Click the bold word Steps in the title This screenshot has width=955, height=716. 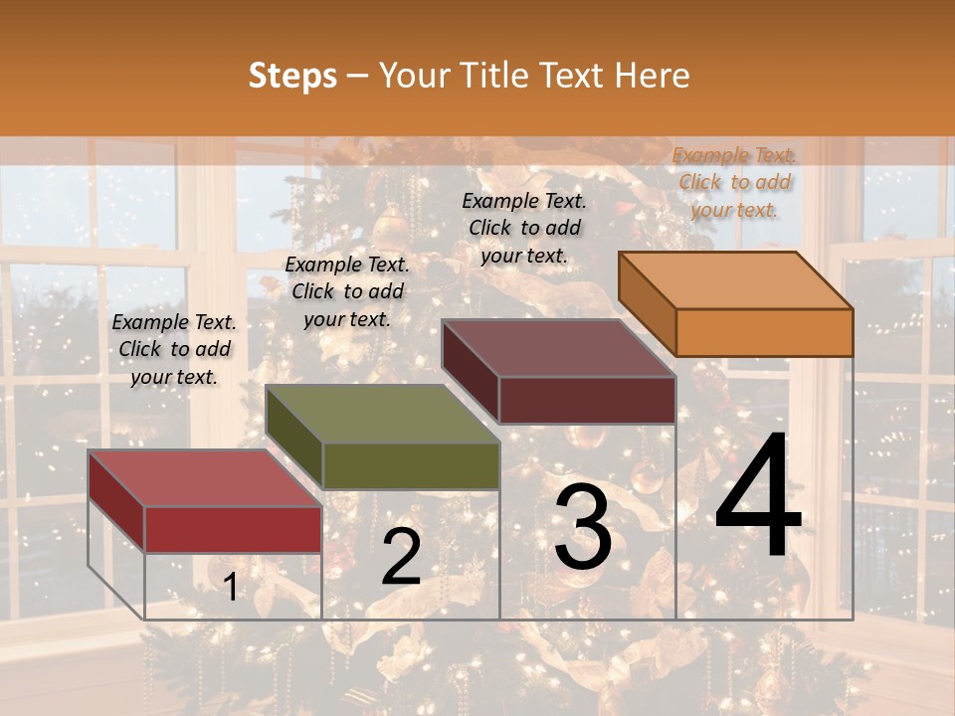(292, 76)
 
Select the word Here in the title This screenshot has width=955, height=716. (653, 76)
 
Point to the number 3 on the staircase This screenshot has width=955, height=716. (583, 528)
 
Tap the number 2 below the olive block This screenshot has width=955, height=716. (401, 558)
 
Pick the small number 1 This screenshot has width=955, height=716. (231, 588)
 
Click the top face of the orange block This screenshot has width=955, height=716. (735, 279)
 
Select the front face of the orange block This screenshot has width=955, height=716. (764, 332)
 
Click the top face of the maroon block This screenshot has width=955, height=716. (558, 348)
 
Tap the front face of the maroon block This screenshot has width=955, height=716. (587, 400)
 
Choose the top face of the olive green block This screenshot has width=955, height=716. (382, 414)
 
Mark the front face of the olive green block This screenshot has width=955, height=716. (411, 465)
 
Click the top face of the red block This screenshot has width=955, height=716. (204, 477)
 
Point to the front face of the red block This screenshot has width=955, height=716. (233, 529)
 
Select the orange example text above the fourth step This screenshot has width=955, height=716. (734, 182)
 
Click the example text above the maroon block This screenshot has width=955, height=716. (524, 228)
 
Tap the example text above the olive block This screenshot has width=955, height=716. (347, 291)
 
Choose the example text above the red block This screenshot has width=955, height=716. (174, 349)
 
